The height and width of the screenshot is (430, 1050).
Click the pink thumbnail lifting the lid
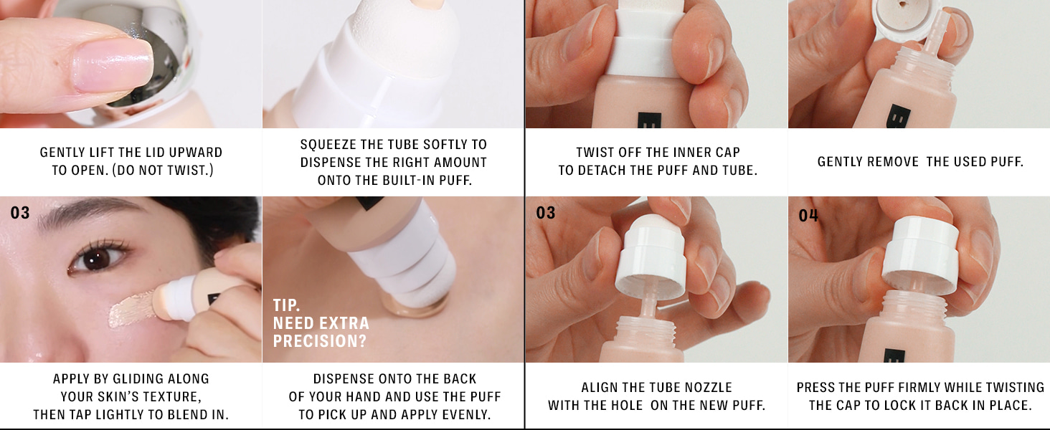(x=113, y=64)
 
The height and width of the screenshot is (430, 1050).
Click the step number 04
(x=808, y=216)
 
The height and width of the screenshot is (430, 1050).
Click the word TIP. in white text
(x=286, y=305)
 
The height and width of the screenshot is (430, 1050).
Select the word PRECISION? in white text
(x=320, y=341)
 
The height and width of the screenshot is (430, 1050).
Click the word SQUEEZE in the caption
(x=324, y=144)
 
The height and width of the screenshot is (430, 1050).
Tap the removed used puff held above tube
(x=901, y=18)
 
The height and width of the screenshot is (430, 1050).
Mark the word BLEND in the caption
(x=184, y=414)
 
